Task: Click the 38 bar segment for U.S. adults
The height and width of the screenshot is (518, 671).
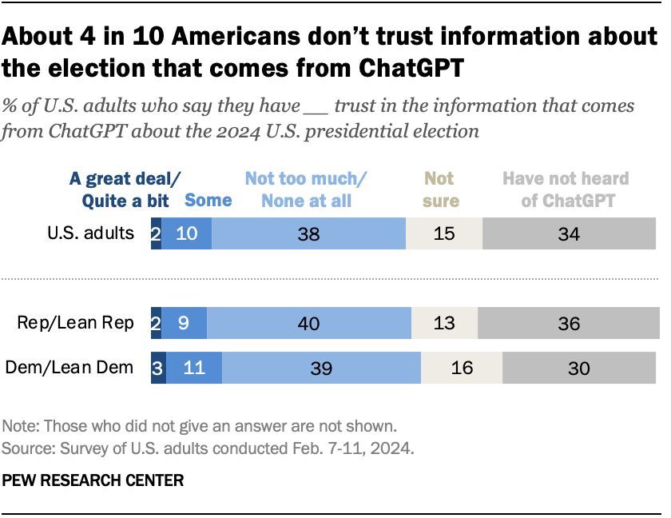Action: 309,234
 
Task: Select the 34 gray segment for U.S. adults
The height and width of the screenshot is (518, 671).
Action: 569,234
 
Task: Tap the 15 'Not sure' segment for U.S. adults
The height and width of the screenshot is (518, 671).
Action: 444,234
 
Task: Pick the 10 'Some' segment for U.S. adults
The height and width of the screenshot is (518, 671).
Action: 187,234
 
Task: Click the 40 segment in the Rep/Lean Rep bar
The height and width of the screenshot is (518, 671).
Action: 309,323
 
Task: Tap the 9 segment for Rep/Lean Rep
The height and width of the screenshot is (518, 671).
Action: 184,323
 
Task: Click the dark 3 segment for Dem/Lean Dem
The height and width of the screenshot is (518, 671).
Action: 158,368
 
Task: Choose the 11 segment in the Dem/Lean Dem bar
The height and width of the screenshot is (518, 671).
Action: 194,368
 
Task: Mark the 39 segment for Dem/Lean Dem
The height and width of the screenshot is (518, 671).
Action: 321,368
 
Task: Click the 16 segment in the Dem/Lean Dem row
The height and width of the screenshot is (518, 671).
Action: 462,368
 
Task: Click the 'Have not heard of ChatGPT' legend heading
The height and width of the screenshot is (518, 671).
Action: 566,189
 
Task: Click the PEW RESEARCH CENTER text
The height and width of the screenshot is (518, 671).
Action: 93,480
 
